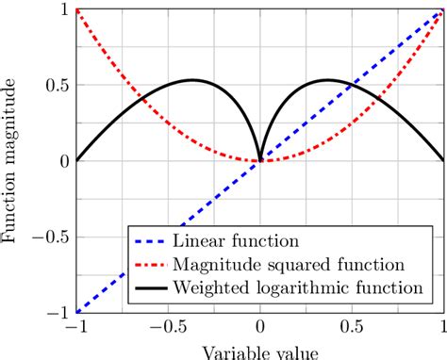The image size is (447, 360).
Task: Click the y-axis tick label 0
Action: [61, 161]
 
